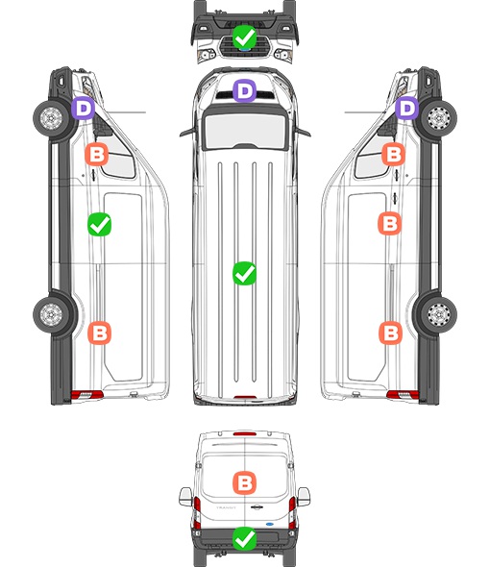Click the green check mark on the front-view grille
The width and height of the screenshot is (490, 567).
[x=244, y=37]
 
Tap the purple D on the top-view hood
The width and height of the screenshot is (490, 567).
[x=244, y=90]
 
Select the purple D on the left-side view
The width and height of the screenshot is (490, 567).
[x=83, y=108]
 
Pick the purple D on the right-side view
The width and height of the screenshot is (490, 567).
[x=406, y=108]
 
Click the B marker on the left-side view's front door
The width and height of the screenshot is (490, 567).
[x=96, y=155]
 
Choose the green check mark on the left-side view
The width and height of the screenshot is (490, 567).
[x=100, y=225]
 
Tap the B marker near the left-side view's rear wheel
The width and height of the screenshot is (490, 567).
[x=100, y=333]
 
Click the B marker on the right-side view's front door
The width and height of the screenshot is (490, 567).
[x=394, y=155]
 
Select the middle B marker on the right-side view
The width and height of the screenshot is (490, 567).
[x=389, y=224]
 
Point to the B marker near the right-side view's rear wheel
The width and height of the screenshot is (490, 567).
[x=390, y=333]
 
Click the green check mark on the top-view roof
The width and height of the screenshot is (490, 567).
[x=244, y=273]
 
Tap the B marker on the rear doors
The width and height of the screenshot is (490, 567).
[x=244, y=482]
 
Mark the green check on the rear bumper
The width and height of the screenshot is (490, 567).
[x=244, y=539]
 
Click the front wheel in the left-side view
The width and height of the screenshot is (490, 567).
[x=51, y=118]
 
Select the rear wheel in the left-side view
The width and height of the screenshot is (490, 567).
[x=51, y=314]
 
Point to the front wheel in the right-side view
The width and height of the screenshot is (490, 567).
[x=439, y=118]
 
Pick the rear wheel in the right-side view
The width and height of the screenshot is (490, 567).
[x=439, y=314]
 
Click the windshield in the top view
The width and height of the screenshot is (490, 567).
[x=245, y=129]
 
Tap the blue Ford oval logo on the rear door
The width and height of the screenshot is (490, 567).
[x=270, y=524]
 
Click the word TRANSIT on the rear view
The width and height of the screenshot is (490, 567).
[x=226, y=507]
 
